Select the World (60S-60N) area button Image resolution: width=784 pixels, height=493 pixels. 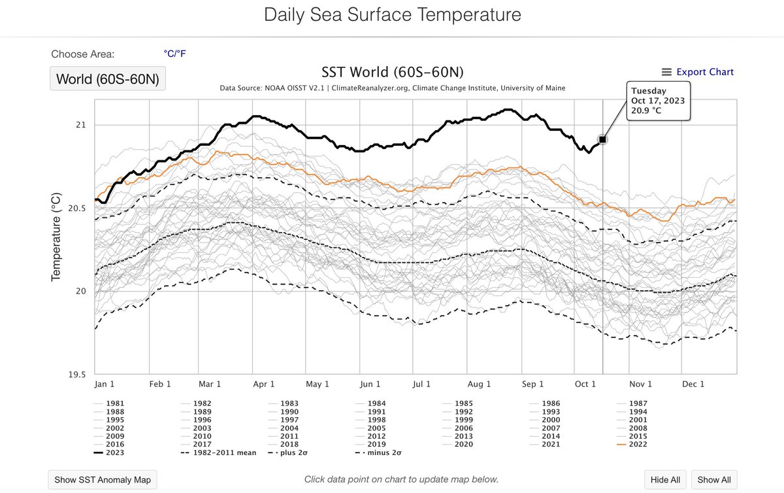[108, 79]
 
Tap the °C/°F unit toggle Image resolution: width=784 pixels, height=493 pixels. [178, 54]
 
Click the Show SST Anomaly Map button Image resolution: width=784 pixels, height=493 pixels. [102, 479]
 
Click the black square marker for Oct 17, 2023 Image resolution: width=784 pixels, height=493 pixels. [602, 139]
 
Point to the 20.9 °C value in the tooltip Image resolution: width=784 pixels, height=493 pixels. [646, 111]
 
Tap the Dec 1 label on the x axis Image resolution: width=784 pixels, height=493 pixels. [693, 384]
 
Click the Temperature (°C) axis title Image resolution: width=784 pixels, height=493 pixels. [56, 237]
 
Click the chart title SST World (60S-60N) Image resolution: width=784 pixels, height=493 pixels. [392, 72]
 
